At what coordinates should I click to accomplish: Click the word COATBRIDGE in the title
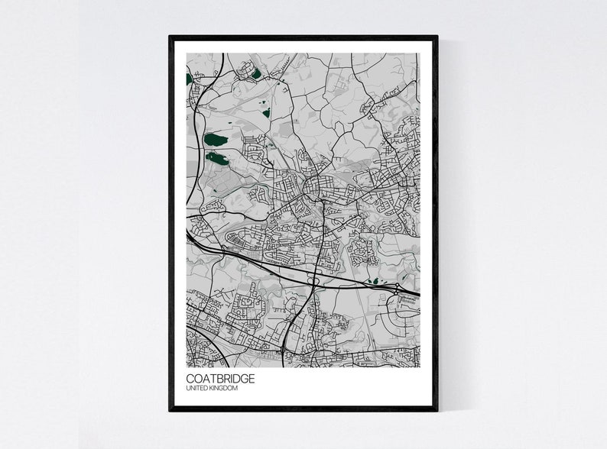[x=221, y=378]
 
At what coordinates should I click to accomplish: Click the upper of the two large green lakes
[x=216, y=140]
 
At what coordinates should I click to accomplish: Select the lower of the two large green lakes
[x=217, y=159]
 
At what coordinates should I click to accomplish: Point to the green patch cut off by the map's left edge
[x=189, y=78]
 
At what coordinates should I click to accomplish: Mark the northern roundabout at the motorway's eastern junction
[x=398, y=288]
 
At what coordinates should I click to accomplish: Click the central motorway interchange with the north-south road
[x=313, y=280]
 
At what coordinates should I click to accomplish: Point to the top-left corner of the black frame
[x=170, y=37]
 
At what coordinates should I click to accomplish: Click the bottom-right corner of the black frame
[x=437, y=410]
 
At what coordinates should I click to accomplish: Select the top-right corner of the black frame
[x=437, y=37]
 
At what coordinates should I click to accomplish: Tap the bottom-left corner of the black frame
[x=170, y=410]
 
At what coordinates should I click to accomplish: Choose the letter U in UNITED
[x=188, y=389]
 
